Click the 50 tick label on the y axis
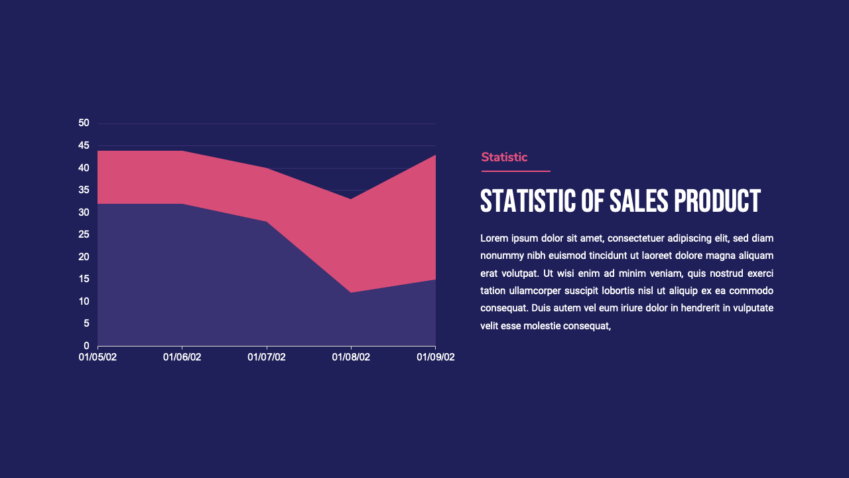pyautogui.click(x=84, y=123)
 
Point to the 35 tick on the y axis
pyautogui.click(x=84, y=190)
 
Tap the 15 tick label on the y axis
pyautogui.click(x=84, y=279)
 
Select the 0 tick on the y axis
pyautogui.click(x=86, y=346)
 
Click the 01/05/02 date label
pyautogui.click(x=98, y=357)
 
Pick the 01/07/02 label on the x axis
pyautogui.click(x=267, y=357)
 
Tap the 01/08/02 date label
pyautogui.click(x=351, y=357)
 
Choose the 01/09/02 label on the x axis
pyautogui.click(x=435, y=357)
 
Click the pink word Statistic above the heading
pyautogui.click(x=504, y=157)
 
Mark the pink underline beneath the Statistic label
pyautogui.click(x=515, y=171)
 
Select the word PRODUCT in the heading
pyautogui.click(x=717, y=201)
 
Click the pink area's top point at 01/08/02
pyautogui.click(x=351, y=199)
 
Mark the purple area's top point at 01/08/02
pyautogui.click(x=351, y=292)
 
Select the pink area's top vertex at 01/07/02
pyautogui.click(x=267, y=168)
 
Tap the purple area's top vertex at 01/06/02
pyautogui.click(x=182, y=204)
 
